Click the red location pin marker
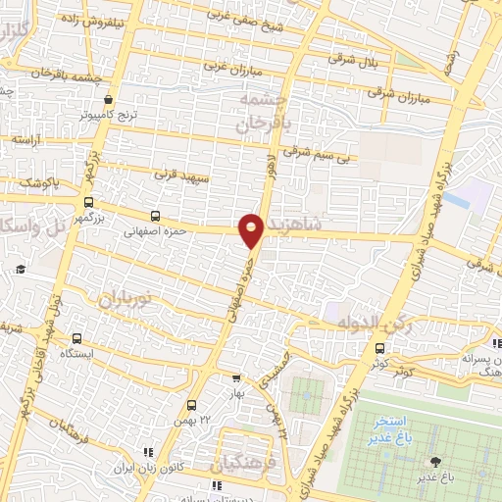251,230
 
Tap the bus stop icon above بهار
236,378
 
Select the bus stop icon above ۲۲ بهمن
192,404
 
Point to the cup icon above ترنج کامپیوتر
109,98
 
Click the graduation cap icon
19,270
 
